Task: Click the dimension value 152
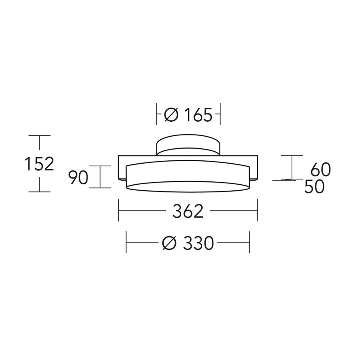(x=39, y=164)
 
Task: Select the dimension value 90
(x=78, y=178)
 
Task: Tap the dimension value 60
(x=321, y=169)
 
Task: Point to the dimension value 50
(x=314, y=186)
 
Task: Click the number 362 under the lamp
(x=188, y=211)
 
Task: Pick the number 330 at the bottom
(x=198, y=243)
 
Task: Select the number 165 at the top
(x=198, y=115)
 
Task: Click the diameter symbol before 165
(x=171, y=115)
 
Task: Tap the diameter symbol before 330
(x=169, y=243)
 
